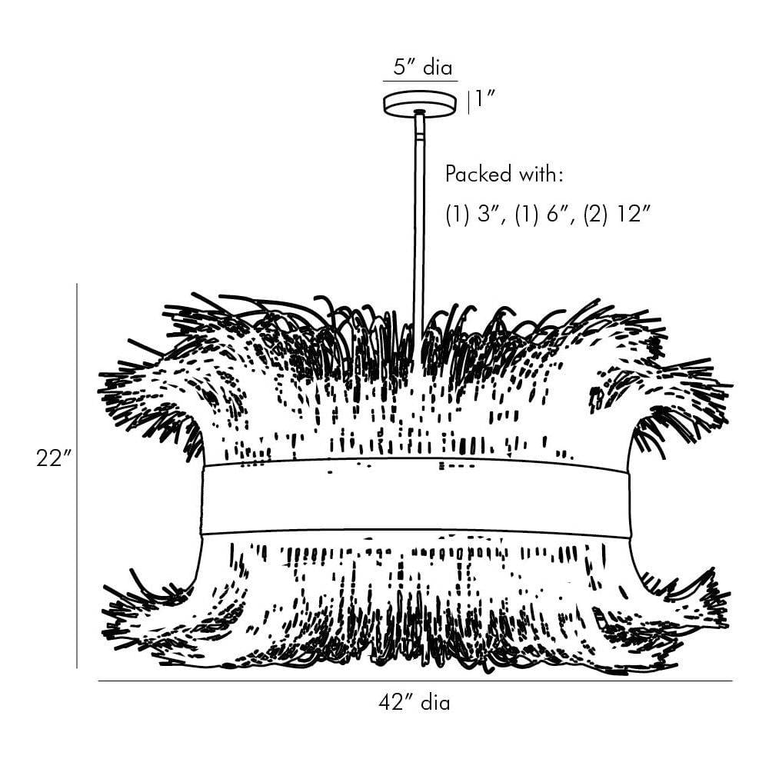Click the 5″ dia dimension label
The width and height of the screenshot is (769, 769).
(x=421, y=66)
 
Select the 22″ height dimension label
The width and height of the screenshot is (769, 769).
(x=53, y=458)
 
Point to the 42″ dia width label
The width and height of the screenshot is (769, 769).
(x=414, y=702)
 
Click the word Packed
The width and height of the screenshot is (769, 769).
(x=478, y=175)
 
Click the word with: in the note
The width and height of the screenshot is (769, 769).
(x=541, y=175)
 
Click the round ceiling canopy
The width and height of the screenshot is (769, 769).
(x=420, y=103)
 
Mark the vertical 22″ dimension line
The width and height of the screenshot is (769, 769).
(x=77, y=477)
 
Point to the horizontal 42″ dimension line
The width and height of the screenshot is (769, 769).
(x=415, y=681)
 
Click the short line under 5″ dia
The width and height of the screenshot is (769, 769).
(x=420, y=81)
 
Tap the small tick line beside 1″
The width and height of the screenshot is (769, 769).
(x=468, y=102)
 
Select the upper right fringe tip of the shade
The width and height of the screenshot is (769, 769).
(x=727, y=384)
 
